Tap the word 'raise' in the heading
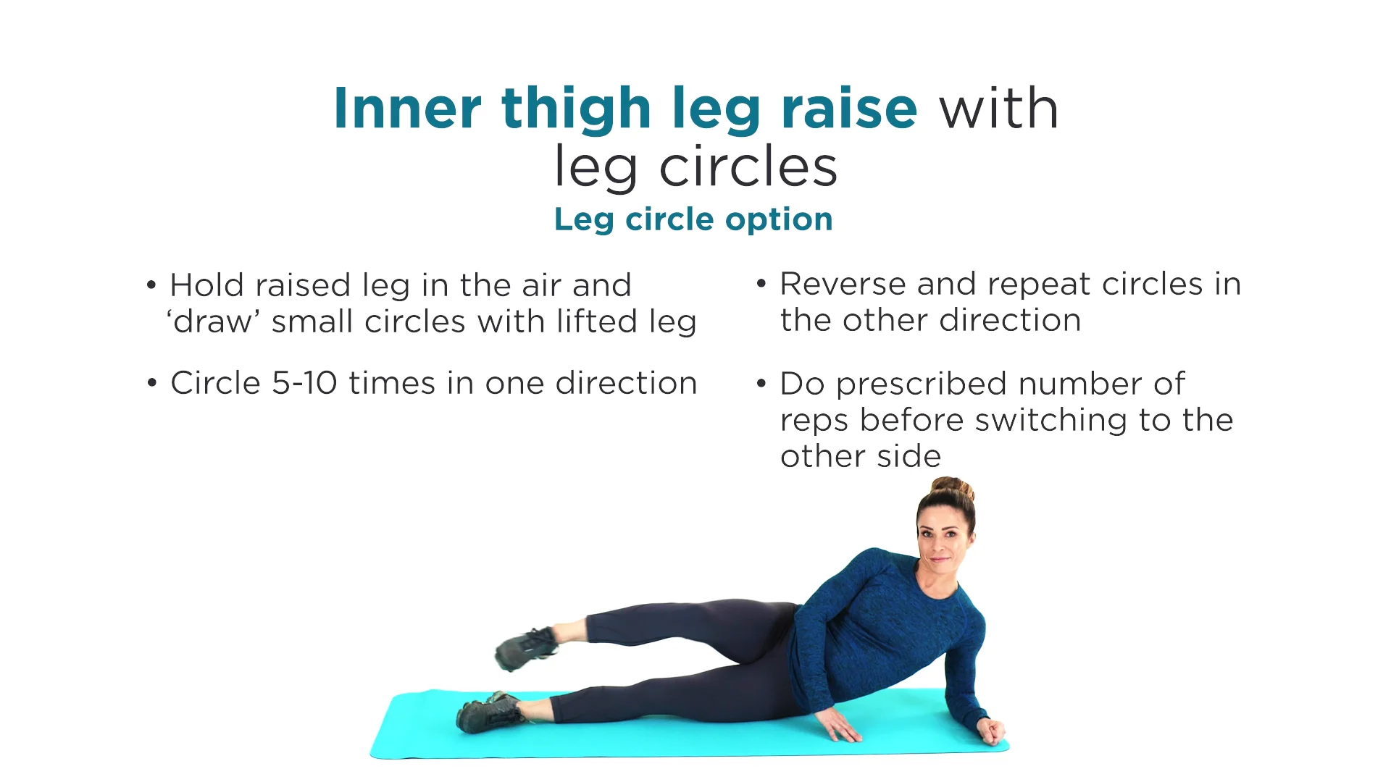(849, 108)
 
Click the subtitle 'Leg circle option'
(693, 219)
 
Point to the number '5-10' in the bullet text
(304, 383)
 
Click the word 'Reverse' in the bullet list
(842, 284)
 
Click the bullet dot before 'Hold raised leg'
(151, 285)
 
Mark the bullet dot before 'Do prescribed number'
(761, 384)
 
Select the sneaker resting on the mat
(491, 712)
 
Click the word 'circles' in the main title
(748, 167)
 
